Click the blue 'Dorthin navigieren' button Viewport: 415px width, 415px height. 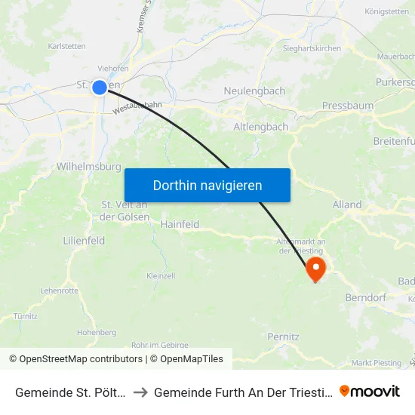point(207,185)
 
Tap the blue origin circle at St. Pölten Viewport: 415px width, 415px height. point(100,88)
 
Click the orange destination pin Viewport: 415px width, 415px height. point(315,269)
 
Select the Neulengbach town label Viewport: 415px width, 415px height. point(254,91)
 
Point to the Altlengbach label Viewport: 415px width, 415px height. point(261,127)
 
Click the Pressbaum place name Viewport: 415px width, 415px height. point(347,106)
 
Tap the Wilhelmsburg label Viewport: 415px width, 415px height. point(89,166)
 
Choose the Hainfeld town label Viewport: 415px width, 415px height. point(180,224)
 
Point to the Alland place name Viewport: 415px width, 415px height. point(347,204)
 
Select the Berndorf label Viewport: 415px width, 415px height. point(365,297)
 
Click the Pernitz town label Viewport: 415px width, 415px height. point(284,337)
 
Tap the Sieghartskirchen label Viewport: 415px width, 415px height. point(312,48)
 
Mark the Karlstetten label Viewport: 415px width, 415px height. point(66,46)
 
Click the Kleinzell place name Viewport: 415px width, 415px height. point(161,276)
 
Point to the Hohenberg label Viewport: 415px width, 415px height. point(97,332)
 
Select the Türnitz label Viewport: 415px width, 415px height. point(25,316)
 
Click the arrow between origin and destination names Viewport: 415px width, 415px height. point(141,392)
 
